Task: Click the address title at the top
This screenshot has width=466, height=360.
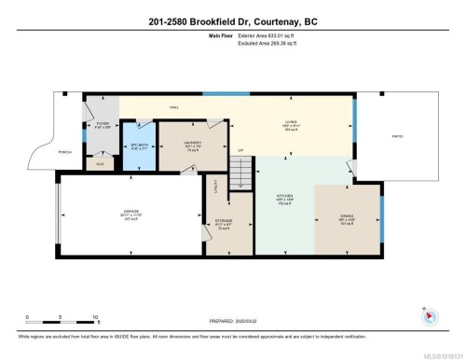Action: click(232, 21)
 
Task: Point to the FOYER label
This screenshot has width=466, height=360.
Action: click(103, 125)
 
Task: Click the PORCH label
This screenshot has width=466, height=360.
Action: click(66, 152)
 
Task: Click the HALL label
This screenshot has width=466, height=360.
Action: click(173, 108)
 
